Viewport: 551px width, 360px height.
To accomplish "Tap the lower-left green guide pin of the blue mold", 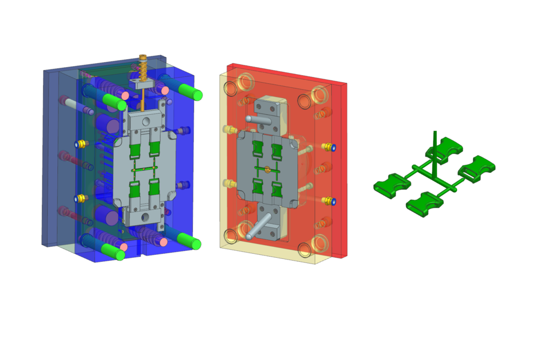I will [112, 251].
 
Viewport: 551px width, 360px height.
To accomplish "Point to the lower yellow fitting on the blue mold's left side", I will [81, 198].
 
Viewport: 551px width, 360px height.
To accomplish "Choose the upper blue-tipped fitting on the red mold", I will [329, 147].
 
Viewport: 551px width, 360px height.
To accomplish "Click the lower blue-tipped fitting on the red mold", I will [329, 200].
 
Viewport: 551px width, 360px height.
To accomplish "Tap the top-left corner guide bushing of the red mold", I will [246, 82].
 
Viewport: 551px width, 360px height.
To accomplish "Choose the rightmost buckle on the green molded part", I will [478, 166].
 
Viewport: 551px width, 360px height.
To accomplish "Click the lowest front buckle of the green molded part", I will [424, 204].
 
